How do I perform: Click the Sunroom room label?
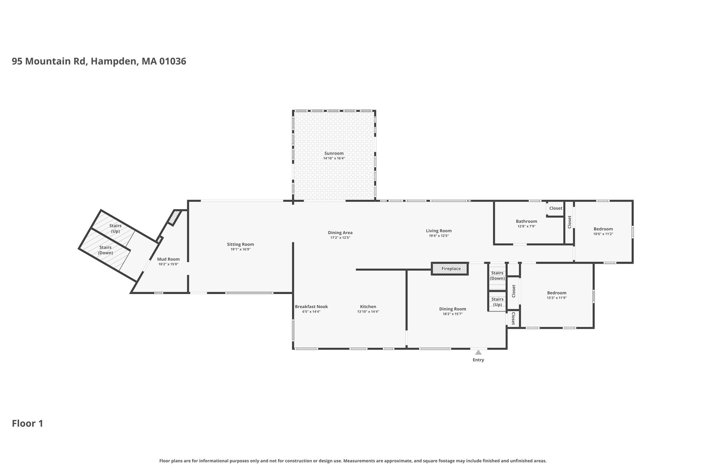[x=334, y=153]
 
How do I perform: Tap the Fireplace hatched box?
[x=450, y=269]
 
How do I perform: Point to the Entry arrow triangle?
[x=478, y=352]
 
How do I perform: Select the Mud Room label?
[x=168, y=259]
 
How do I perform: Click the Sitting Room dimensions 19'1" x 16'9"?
[x=240, y=249]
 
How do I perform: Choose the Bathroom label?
[x=526, y=221]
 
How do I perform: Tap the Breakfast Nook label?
[x=311, y=307]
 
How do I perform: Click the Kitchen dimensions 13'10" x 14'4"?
[x=368, y=312]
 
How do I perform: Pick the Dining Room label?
[x=453, y=309]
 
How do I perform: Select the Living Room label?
[x=439, y=231]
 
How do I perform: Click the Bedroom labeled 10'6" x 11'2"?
[x=603, y=229]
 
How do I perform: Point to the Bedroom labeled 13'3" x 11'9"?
[x=557, y=293]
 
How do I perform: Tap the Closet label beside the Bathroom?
[x=556, y=208]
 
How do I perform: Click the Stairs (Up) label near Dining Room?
[x=497, y=302]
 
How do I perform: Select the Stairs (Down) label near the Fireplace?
[x=497, y=276]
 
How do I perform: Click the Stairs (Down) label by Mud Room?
[x=105, y=250]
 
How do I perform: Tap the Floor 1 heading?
[x=28, y=424]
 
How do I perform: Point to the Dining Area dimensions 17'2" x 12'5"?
[x=340, y=238]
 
